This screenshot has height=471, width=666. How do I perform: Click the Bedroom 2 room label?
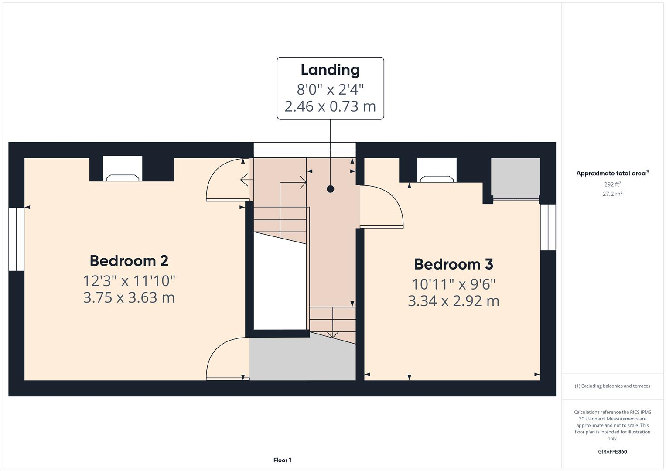coord(129,261)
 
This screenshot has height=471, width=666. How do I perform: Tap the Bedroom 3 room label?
coord(454,264)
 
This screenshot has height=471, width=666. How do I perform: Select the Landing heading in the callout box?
coord(330,70)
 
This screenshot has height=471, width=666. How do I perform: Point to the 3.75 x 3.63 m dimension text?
coord(129,297)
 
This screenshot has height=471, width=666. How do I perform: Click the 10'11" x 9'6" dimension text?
coord(454,284)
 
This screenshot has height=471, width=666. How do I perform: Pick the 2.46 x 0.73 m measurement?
coord(330,106)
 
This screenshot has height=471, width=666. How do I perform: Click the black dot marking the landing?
coord(330,189)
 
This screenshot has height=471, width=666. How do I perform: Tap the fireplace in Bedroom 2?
coord(123,169)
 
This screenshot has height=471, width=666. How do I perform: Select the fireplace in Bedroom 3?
coord(437,171)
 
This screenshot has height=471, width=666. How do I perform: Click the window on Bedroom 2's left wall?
coord(17,239)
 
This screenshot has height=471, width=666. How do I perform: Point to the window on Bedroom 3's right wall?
coord(548,227)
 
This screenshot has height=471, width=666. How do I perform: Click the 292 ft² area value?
coord(612,184)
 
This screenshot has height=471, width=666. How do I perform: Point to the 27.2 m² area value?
coord(612,194)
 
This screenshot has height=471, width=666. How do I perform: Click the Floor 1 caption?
coord(282,460)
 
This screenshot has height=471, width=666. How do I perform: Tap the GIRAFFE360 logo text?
coord(612,452)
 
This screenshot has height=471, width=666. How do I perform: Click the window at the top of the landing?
coord(304,150)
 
